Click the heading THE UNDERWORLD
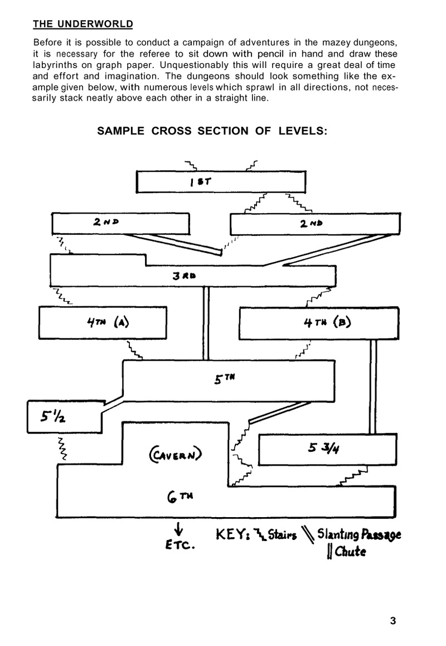click(83, 24)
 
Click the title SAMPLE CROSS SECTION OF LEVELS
click(212, 131)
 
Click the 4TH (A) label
click(106, 322)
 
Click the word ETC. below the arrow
click(180, 544)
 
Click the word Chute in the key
click(349, 553)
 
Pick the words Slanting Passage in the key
click(359, 536)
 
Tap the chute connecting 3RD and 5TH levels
click(206, 323)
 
